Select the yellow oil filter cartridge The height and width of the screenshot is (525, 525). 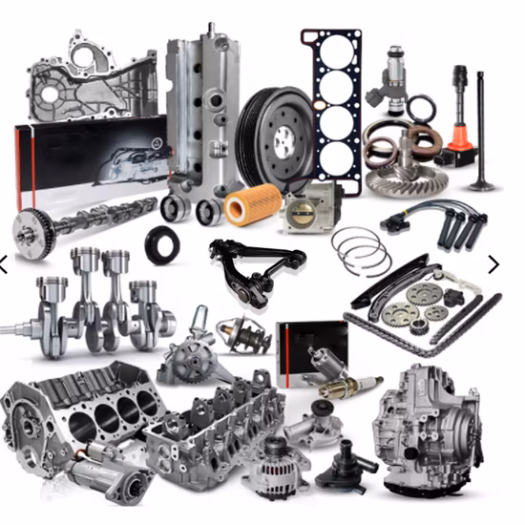coord(253,203)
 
